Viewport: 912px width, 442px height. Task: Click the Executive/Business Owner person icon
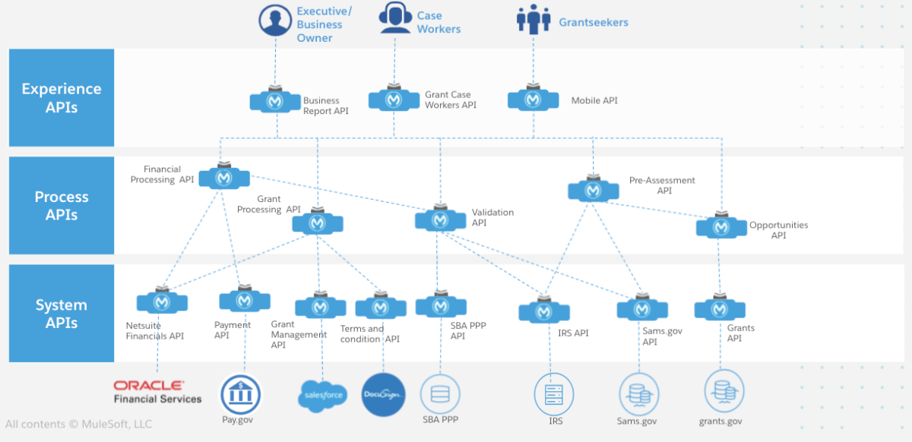[276, 20]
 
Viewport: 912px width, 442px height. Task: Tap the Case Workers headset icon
[395, 18]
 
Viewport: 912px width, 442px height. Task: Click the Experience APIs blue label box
[62, 98]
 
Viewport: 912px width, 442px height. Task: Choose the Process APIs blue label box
[62, 206]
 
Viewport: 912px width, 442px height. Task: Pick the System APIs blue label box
[62, 314]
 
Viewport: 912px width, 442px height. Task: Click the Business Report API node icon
[275, 101]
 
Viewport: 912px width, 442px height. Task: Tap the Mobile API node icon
[533, 99]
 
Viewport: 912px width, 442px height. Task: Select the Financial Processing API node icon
[223, 178]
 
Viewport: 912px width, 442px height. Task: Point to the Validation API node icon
[439, 220]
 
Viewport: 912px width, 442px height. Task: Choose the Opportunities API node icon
[721, 226]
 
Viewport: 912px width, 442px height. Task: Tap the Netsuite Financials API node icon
[162, 302]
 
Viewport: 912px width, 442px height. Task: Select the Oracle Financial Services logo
[158, 392]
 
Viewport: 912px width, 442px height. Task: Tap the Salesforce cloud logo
[322, 395]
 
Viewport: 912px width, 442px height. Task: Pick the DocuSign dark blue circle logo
[383, 395]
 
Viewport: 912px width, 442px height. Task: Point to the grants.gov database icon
[720, 390]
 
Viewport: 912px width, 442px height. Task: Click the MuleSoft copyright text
[79, 424]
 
